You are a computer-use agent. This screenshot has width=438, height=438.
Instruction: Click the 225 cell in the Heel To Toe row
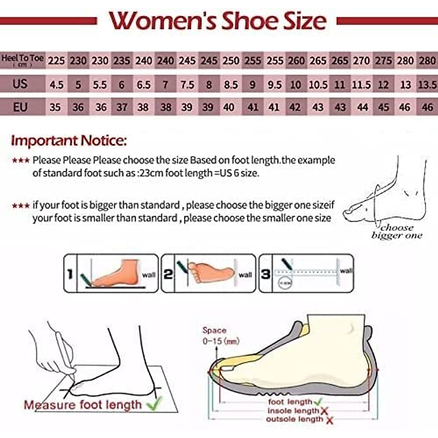pyautogui.click(x=56, y=61)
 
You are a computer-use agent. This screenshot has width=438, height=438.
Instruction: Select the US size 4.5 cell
pyautogui.click(x=56, y=85)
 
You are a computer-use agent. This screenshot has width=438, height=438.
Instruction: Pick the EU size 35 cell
pyautogui.click(x=55, y=107)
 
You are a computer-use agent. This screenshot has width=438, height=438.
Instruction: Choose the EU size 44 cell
pyautogui.click(x=362, y=107)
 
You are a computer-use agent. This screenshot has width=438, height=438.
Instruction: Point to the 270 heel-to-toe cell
pyautogui.click(x=361, y=61)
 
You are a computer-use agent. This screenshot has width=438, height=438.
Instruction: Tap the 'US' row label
pyautogui.click(x=20, y=84)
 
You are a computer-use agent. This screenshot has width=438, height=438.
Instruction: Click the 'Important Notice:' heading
pyautogui.click(x=69, y=141)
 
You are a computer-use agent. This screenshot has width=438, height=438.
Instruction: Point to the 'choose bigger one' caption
pyautogui.click(x=397, y=232)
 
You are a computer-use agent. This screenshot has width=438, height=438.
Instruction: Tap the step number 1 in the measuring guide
pyautogui.click(x=70, y=274)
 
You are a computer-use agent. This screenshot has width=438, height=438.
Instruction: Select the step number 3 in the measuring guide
pyautogui.click(x=265, y=274)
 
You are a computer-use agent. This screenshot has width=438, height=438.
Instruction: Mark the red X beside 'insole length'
pyautogui.click(x=324, y=411)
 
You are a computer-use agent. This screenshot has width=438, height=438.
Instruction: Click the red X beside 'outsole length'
pyautogui.click(x=329, y=420)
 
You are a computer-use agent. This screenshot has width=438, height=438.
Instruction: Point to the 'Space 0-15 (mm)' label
pyautogui.click(x=220, y=336)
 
